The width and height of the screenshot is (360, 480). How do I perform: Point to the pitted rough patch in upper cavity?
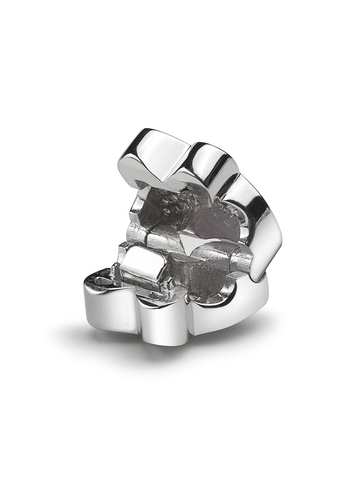point(175,204)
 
